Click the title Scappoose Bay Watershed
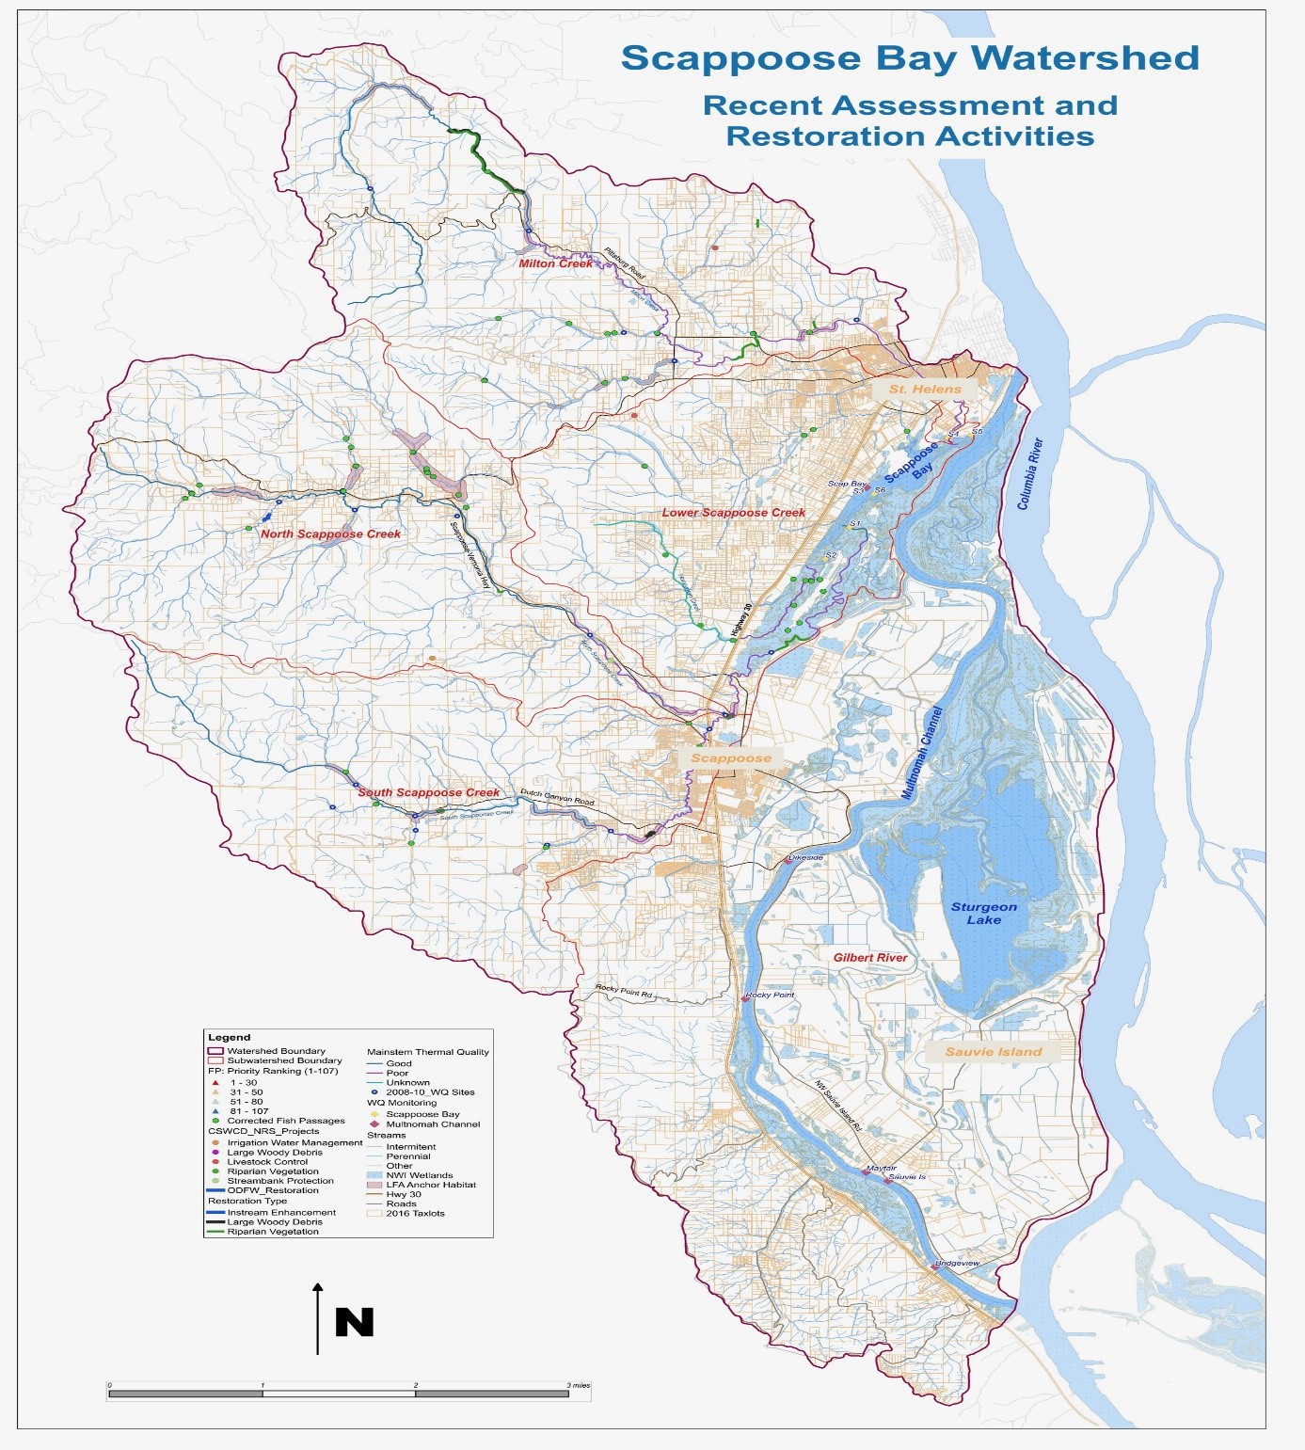[x=910, y=58]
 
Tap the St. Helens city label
[x=925, y=389]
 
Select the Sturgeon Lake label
[x=983, y=913]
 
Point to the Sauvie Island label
[x=993, y=1052]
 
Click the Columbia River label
[x=1030, y=473]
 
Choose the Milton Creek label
[x=555, y=263]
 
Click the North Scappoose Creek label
[x=330, y=534]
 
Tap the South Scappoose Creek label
[x=428, y=792]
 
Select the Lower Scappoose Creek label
[x=733, y=513]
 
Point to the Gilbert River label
[x=869, y=958]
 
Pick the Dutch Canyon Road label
[x=557, y=796]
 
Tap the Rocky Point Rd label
[x=623, y=991]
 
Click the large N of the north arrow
[x=355, y=1322]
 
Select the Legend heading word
[x=229, y=1037]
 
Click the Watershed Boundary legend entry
[x=276, y=1051]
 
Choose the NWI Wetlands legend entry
[x=419, y=1175]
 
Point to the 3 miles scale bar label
[x=578, y=1385]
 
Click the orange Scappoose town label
[x=730, y=757]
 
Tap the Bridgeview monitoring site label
[x=957, y=1263]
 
